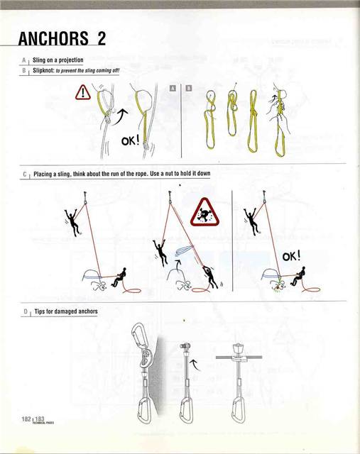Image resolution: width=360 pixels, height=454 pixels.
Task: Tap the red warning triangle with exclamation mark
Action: point(84,92)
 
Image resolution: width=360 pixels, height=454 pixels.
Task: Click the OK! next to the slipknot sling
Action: point(131,140)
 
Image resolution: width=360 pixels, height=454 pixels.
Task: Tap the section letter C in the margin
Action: point(25,173)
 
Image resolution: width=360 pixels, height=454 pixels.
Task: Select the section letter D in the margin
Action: point(25,311)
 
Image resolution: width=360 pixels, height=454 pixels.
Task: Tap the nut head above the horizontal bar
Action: point(239,349)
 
